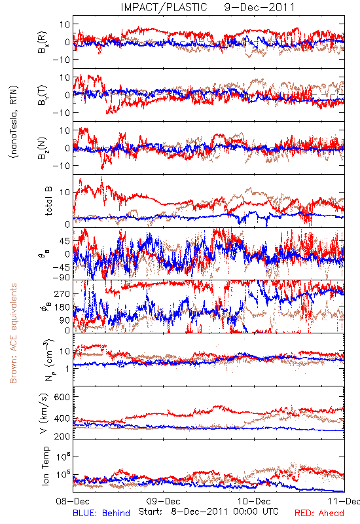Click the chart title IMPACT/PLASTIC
point(164,7)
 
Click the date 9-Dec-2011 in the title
point(259,7)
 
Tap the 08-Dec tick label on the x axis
point(73,501)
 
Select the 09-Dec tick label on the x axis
point(163,501)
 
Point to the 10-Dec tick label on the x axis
point(254,501)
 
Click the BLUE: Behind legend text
point(101,513)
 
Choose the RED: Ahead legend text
point(319,513)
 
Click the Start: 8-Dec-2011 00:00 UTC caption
point(208,512)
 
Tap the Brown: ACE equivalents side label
point(13,333)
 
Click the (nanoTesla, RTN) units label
point(14,122)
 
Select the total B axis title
point(48,201)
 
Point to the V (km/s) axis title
point(45,413)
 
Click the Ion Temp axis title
point(45,466)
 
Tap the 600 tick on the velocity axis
point(62,397)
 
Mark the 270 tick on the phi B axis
point(62,293)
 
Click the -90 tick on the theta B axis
point(62,277)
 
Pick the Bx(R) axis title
point(43,42)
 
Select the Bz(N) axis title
point(43,148)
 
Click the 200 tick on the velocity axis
point(62,436)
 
